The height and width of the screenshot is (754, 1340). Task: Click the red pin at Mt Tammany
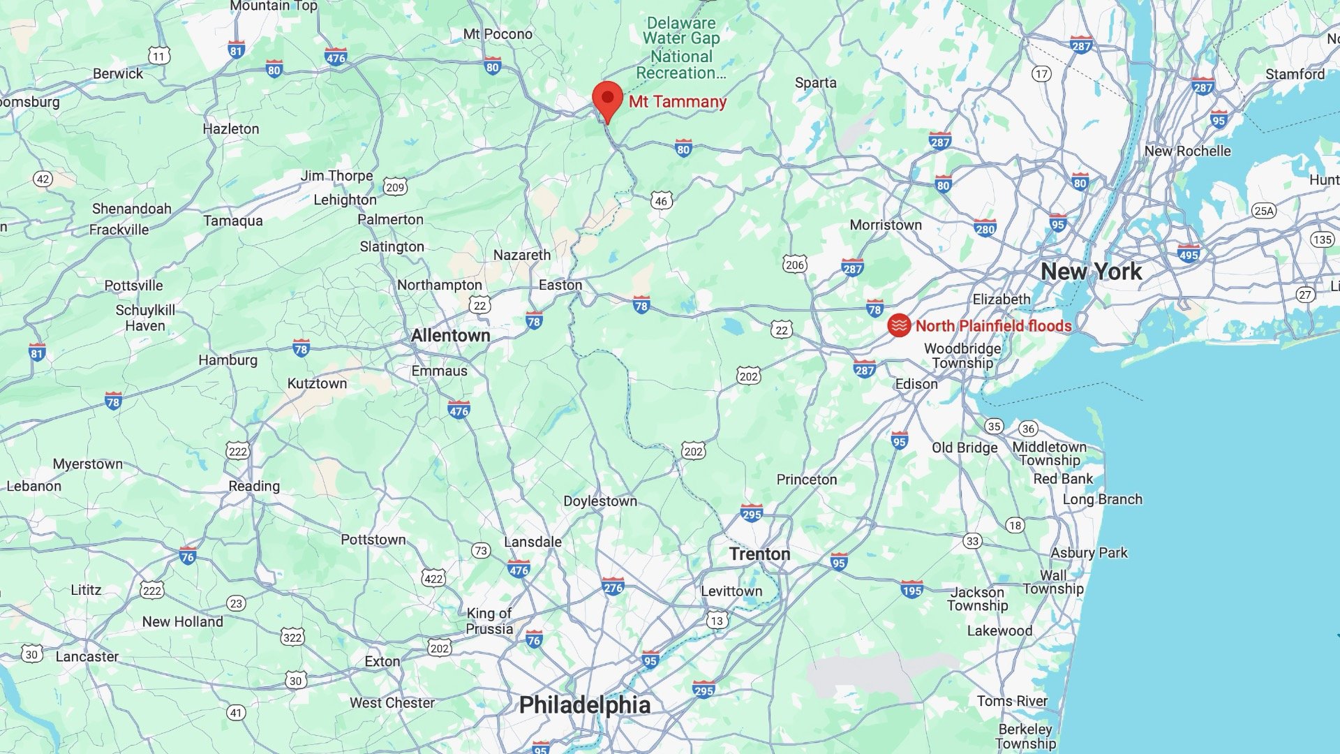(x=607, y=99)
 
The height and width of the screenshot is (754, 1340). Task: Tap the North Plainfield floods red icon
(x=899, y=325)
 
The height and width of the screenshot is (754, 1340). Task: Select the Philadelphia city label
(x=584, y=704)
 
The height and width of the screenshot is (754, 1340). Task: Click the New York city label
(x=1091, y=271)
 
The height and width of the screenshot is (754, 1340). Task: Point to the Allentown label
(x=450, y=335)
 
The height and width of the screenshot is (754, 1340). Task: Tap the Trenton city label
(x=759, y=554)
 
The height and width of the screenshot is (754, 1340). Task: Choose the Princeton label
(x=806, y=480)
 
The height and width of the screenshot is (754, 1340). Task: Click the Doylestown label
(x=600, y=501)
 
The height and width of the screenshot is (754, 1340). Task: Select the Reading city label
(x=254, y=486)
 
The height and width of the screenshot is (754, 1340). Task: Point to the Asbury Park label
(x=1089, y=553)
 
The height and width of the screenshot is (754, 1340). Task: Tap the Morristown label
(x=885, y=225)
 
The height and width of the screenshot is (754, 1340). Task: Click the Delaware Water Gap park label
(x=681, y=47)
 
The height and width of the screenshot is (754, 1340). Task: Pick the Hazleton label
(x=230, y=128)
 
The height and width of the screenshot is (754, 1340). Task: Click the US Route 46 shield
(x=661, y=201)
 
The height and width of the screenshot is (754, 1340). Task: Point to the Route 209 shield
(x=395, y=186)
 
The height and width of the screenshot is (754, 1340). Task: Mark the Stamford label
(x=1295, y=74)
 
